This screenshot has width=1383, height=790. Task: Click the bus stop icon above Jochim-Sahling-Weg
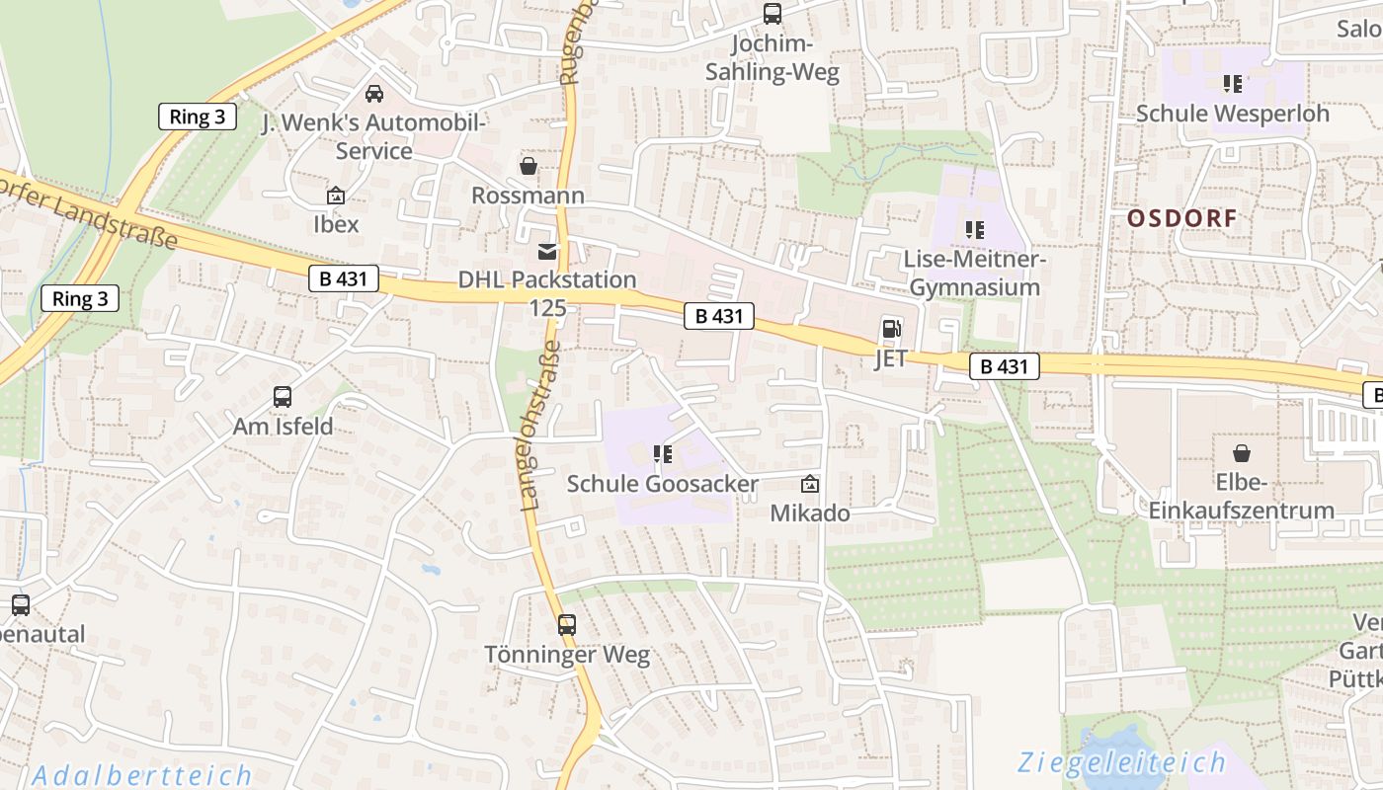click(772, 14)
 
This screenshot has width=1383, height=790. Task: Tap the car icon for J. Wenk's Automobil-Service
click(373, 94)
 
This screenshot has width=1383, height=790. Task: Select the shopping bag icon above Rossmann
click(529, 166)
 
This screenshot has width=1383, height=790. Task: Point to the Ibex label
click(336, 224)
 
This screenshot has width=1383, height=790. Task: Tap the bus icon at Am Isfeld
click(283, 397)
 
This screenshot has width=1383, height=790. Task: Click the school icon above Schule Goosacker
click(662, 454)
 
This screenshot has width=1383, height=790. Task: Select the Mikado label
click(809, 513)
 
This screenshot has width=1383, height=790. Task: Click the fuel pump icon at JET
click(891, 329)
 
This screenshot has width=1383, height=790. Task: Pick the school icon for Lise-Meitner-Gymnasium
click(975, 230)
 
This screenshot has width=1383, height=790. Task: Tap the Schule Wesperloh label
click(1232, 114)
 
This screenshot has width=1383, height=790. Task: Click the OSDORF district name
click(1181, 218)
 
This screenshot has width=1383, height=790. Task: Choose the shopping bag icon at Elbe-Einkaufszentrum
click(1241, 453)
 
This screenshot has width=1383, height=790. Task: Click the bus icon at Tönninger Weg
click(566, 625)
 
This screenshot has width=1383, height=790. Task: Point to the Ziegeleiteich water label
click(1121, 762)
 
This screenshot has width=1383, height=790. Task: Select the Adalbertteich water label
click(141, 775)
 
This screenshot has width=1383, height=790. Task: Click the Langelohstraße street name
click(540, 426)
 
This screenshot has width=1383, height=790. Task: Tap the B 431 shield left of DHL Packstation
click(343, 279)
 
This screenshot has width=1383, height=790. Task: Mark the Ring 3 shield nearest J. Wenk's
click(197, 117)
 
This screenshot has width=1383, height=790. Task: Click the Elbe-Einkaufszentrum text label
click(1241, 497)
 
